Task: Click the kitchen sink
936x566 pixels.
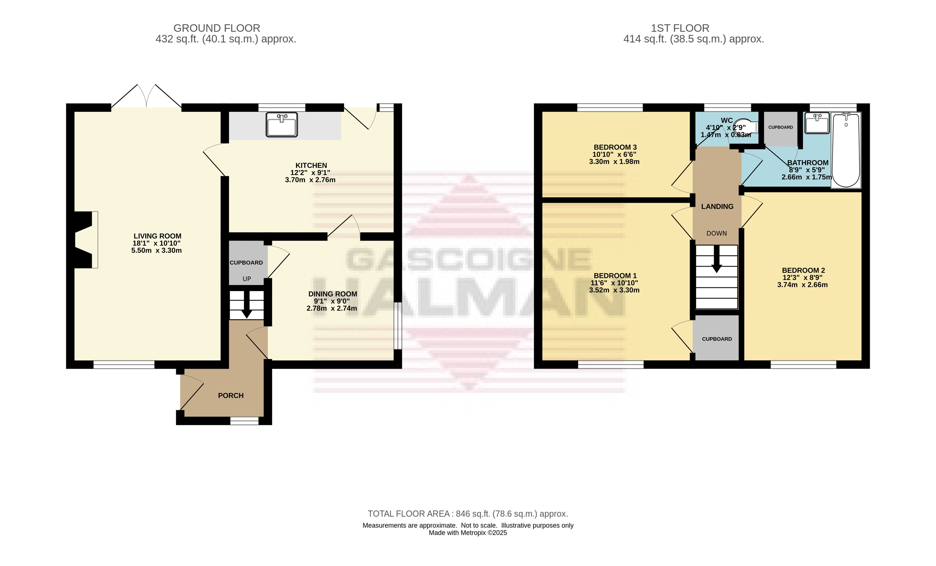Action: [x=281, y=124]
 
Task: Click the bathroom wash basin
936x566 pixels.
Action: [x=817, y=123]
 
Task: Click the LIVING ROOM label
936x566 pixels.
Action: [x=157, y=236]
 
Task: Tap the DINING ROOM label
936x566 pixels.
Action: [x=332, y=294]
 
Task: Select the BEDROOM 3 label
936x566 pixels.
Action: [x=615, y=147]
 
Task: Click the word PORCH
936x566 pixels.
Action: [x=231, y=396]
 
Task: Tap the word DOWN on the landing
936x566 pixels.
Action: [x=716, y=233]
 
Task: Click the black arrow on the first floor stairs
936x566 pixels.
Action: [x=716, y=259]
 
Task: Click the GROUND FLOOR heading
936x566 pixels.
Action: [x=217, y=28]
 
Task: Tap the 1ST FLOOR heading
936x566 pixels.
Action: [x=680, y=28]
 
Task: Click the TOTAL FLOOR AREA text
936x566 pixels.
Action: [x=468, y=514]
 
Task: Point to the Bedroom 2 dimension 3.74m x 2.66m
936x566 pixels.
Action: [x=802, y=285]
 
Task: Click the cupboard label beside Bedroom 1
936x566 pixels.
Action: [x=717, y=339]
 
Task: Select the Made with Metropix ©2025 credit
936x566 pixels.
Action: [x=468, y=533]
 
